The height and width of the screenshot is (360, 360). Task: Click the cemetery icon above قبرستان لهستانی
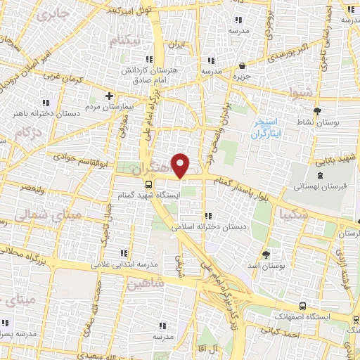(x=321, y=175)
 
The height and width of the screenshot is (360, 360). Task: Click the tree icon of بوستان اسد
(x=265, y=255)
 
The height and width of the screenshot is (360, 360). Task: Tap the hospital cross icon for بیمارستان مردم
(x=108, y=96)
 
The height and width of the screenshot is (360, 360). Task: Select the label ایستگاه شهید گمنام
(x=148, y=194)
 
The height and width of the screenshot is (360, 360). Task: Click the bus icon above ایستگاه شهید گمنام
(x=148, y=184)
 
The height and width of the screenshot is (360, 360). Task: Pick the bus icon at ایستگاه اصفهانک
(x=302, y=307)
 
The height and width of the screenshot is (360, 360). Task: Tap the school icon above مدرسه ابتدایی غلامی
(x=124, y=253)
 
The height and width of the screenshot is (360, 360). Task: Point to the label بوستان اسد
(x=265, y=266)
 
